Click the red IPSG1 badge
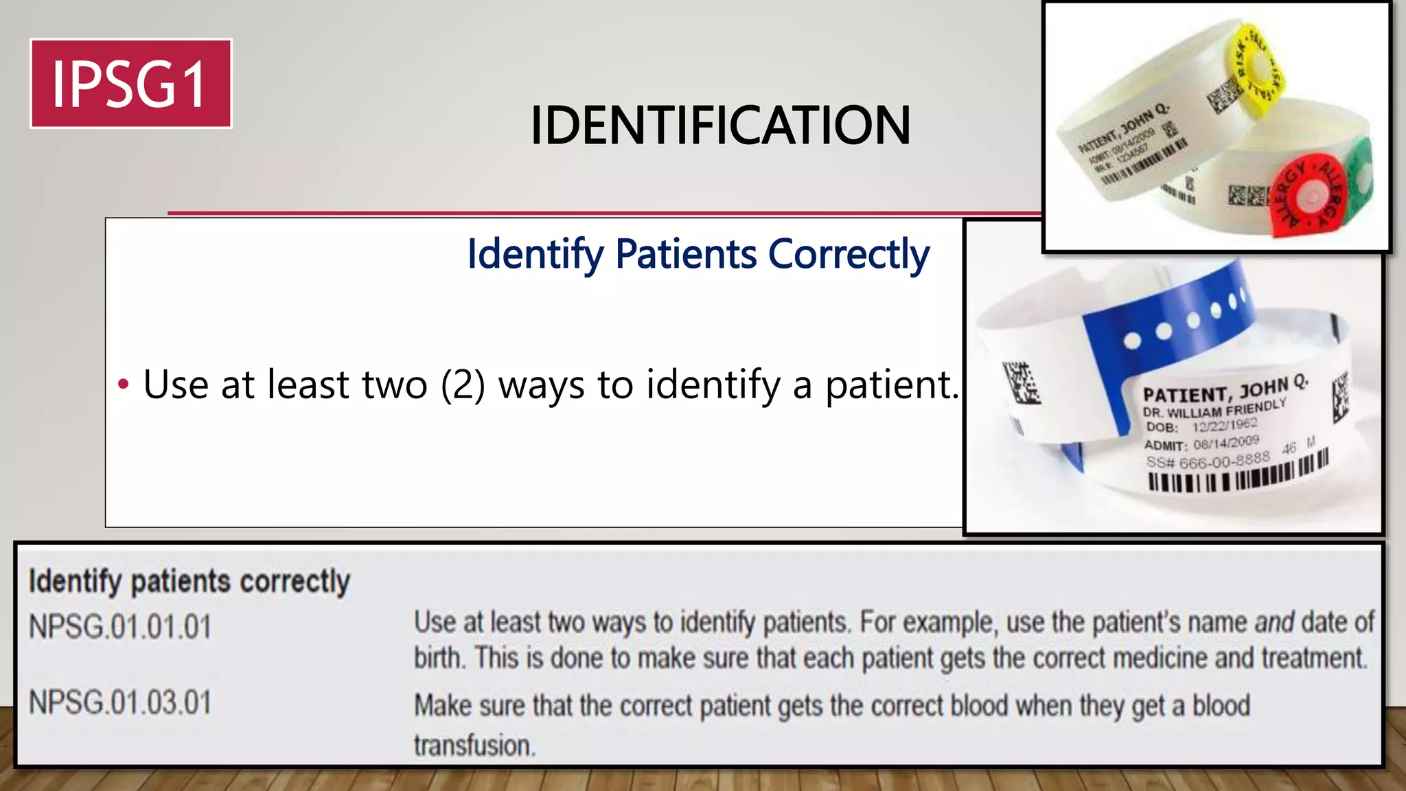pos(130,84)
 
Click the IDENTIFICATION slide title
pos(719,126)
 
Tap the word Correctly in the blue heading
pos(849,254)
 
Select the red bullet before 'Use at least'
pos(124,384)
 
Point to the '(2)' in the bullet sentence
pos(463,385)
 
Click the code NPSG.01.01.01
pos(120,627)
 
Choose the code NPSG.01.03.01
pos(120,702)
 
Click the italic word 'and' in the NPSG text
pos(1274,623)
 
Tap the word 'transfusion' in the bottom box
pos(473,745)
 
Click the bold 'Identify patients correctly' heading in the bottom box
pos(189,582)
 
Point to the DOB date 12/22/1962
pos(1225,425)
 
